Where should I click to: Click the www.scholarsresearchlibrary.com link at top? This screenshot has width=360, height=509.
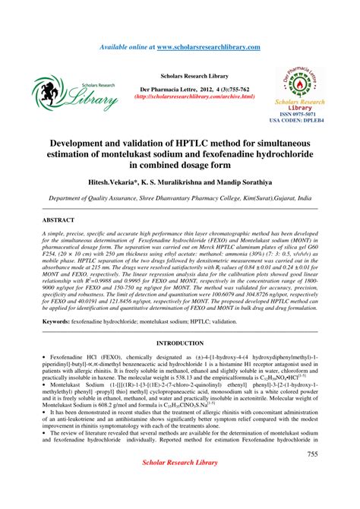(x=209, y=47)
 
